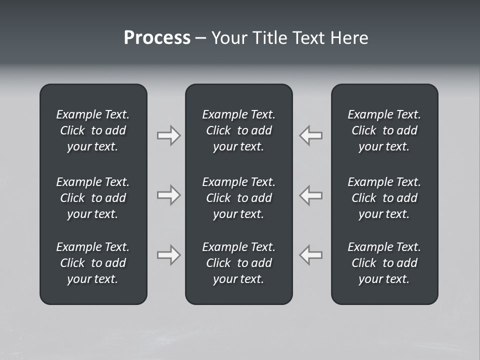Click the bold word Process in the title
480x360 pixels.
[157, 38]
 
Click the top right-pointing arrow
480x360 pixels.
[168, 135]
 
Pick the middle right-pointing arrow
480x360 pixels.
[168, 195]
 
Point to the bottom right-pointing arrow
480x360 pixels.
[168, 255]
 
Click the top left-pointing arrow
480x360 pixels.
[311, 135]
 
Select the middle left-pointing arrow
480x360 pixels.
[311, 195]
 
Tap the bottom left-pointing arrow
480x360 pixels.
[311, 255]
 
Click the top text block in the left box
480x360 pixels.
[93, 130]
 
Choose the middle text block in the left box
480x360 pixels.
[93, 198]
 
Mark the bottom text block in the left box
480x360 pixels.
[93, 263]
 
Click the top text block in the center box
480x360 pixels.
[239, 130]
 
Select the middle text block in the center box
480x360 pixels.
[239, 198]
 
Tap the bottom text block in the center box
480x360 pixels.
[239, 263]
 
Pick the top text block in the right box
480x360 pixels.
[384, 130]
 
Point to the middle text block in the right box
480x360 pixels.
[384, 198]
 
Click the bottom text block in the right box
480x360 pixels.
[384, 263]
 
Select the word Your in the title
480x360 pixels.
[228, 38]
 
